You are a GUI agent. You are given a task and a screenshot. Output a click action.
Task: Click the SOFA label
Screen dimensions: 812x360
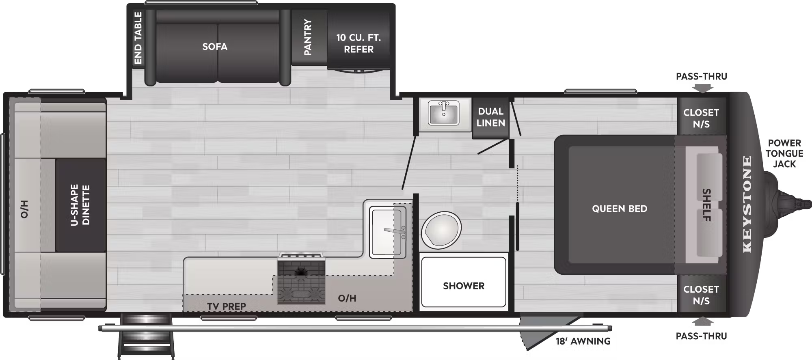pyautogui.click(x=215, y=47)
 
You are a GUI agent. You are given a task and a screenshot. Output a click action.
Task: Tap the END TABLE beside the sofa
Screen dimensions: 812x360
pyautogui.click(x=138, y=38)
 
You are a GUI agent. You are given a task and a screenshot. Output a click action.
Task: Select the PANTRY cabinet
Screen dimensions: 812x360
pyautogui.click(x=309, y=37)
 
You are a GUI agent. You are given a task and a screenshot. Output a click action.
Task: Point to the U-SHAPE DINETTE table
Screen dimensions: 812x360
pyautogui.click(x=80, y=205)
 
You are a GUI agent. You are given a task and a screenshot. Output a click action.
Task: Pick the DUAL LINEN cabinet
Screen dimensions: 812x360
pyautogui.click(x=490, y=117)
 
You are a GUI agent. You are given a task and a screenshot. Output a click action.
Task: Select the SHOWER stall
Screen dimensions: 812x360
pyautogui.click(x=464, y=282)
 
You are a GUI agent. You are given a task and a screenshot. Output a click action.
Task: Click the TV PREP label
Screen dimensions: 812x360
pyautogui.click(x=227, y=306)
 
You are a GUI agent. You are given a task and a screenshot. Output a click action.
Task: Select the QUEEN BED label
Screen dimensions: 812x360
pyautogui.click(x=620, y=209)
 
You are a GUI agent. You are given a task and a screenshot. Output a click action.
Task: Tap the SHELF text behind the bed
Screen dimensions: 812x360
pyautogui.click(x=706, y=205)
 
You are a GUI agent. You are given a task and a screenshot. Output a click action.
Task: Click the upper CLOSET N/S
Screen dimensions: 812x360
pyautogui.click(x=701, y=118)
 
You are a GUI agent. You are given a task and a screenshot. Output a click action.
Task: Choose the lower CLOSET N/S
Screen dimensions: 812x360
pyautogui.click(x=701, y=295)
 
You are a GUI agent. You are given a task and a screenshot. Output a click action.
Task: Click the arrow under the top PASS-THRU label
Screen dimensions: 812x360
pyautogui.click(x=703, y=88)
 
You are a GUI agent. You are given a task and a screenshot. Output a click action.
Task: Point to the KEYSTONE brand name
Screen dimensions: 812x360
pyautogui.click(x=747, y=204)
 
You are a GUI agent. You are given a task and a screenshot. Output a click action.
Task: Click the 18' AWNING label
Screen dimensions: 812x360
pyautogui.click(x=583, y=341)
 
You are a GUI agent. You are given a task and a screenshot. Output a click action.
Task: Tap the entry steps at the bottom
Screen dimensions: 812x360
pyautogui.click(x=146, y=337)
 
